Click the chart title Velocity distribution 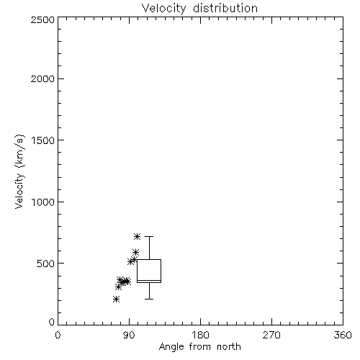(x=199, y=9)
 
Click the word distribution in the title (x=225, y=8)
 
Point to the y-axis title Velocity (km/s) (x=19, y=171)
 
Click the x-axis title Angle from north (x=199, y=346)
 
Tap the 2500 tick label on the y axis (x=42, y=19)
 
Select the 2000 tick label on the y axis (x=42, y=78)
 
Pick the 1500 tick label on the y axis (x=43, y=140)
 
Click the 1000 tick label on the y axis (x=43, y=202)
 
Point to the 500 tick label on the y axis (x=46, y=264)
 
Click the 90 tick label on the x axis (x=129, y=335)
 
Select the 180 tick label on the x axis (x=200, y=335)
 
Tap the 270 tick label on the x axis (x=271, y=335)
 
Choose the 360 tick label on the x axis (x=343, y=335)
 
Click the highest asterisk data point (x=137, y=236)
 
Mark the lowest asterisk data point (x=116, y=299)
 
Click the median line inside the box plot (x=149, y=280)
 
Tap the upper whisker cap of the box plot (x=149, y=236)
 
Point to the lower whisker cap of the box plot (x=149, y=299)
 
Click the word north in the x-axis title (x=229, y=346)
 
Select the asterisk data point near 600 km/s (x=136, y=252)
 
